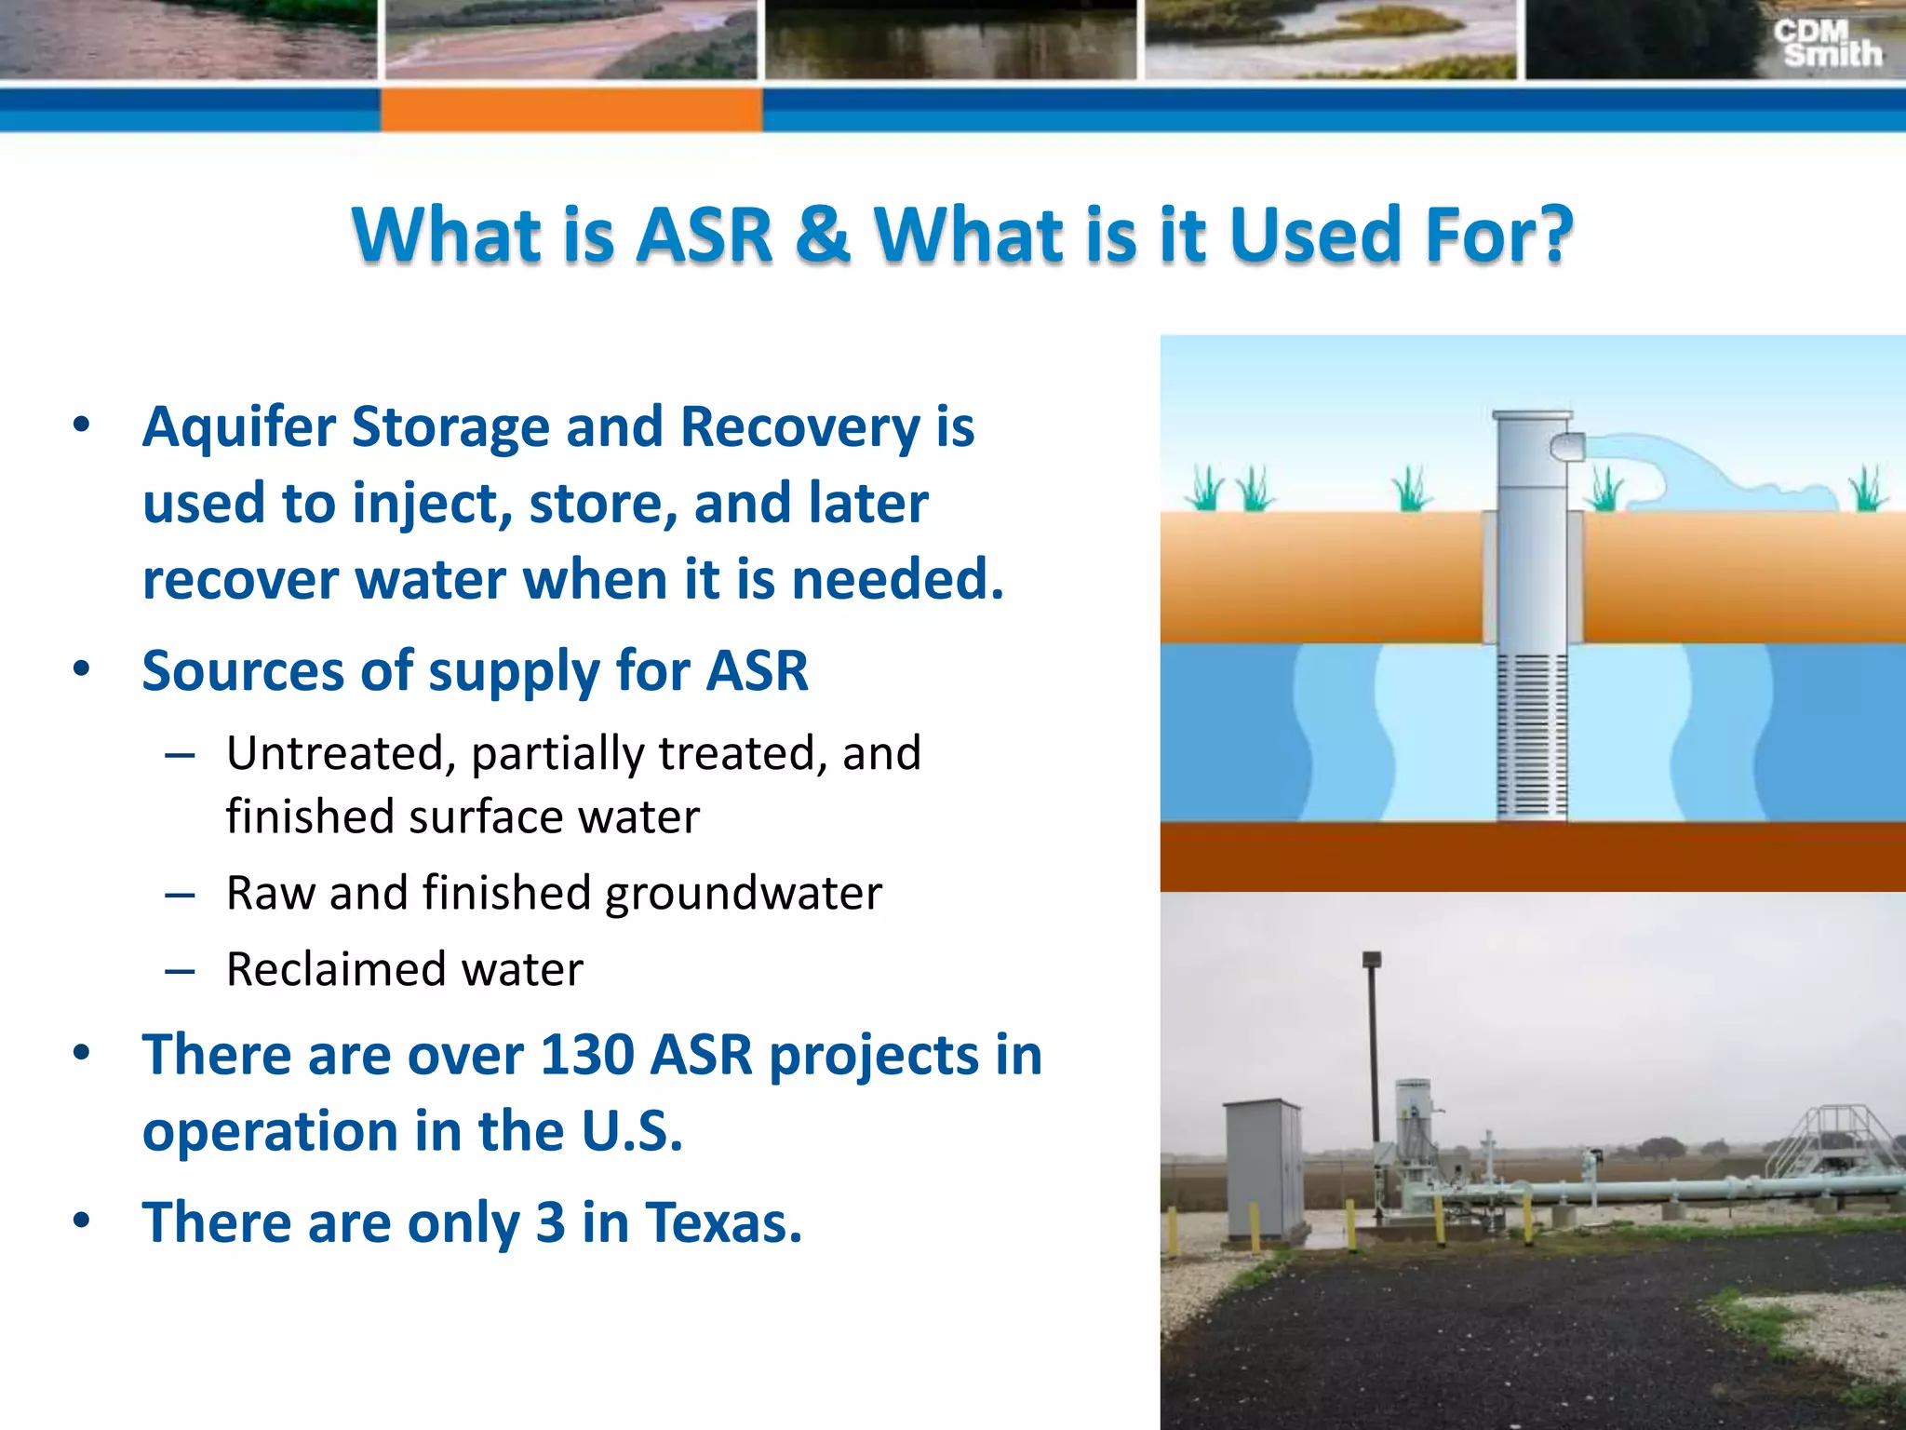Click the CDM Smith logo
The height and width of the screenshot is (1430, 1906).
coord(1827,44)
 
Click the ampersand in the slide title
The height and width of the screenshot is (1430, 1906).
coord(824,234)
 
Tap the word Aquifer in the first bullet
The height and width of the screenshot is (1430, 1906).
coord(237,428)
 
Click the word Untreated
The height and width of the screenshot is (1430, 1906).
coord(335,752)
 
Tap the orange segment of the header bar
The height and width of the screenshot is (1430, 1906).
coord(570,110)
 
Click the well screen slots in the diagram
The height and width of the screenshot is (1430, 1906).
coord(1532,735)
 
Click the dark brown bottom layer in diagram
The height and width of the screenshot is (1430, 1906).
coord(1532,857)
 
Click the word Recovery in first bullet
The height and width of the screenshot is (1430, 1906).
coord(800,428)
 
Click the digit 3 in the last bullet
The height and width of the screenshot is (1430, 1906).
coord(550,1222)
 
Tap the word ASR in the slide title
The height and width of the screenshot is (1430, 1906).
coord(705,234)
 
